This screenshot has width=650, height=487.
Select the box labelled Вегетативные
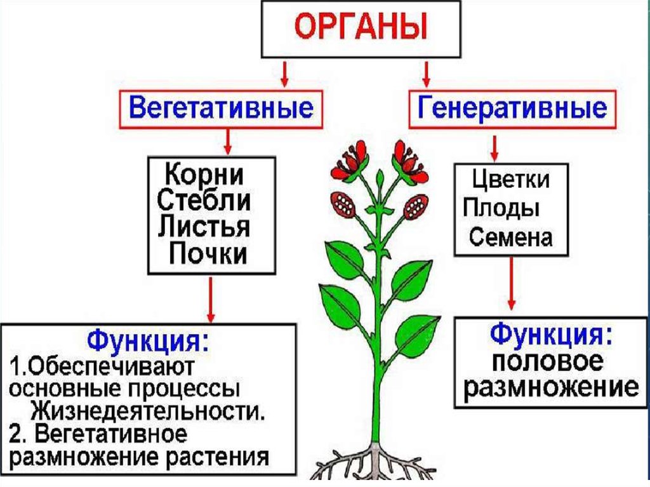tap(221, 108)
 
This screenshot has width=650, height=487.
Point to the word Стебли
tap(204, 201)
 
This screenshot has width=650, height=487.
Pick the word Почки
tap(208, 254)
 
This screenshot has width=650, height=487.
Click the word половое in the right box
tap(547, 361)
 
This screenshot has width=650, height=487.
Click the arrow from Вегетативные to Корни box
tap(227, 141)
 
